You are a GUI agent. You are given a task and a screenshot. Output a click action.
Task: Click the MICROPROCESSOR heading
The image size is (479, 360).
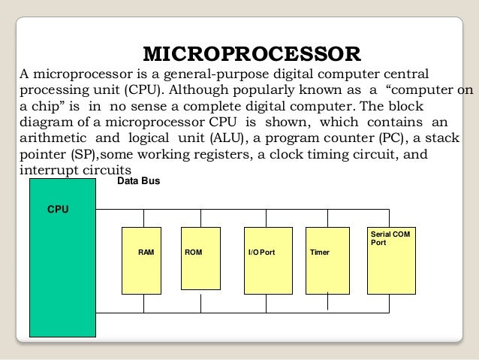pos(252,54)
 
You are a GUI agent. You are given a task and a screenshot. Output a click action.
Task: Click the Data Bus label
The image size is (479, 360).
pos(139,182)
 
